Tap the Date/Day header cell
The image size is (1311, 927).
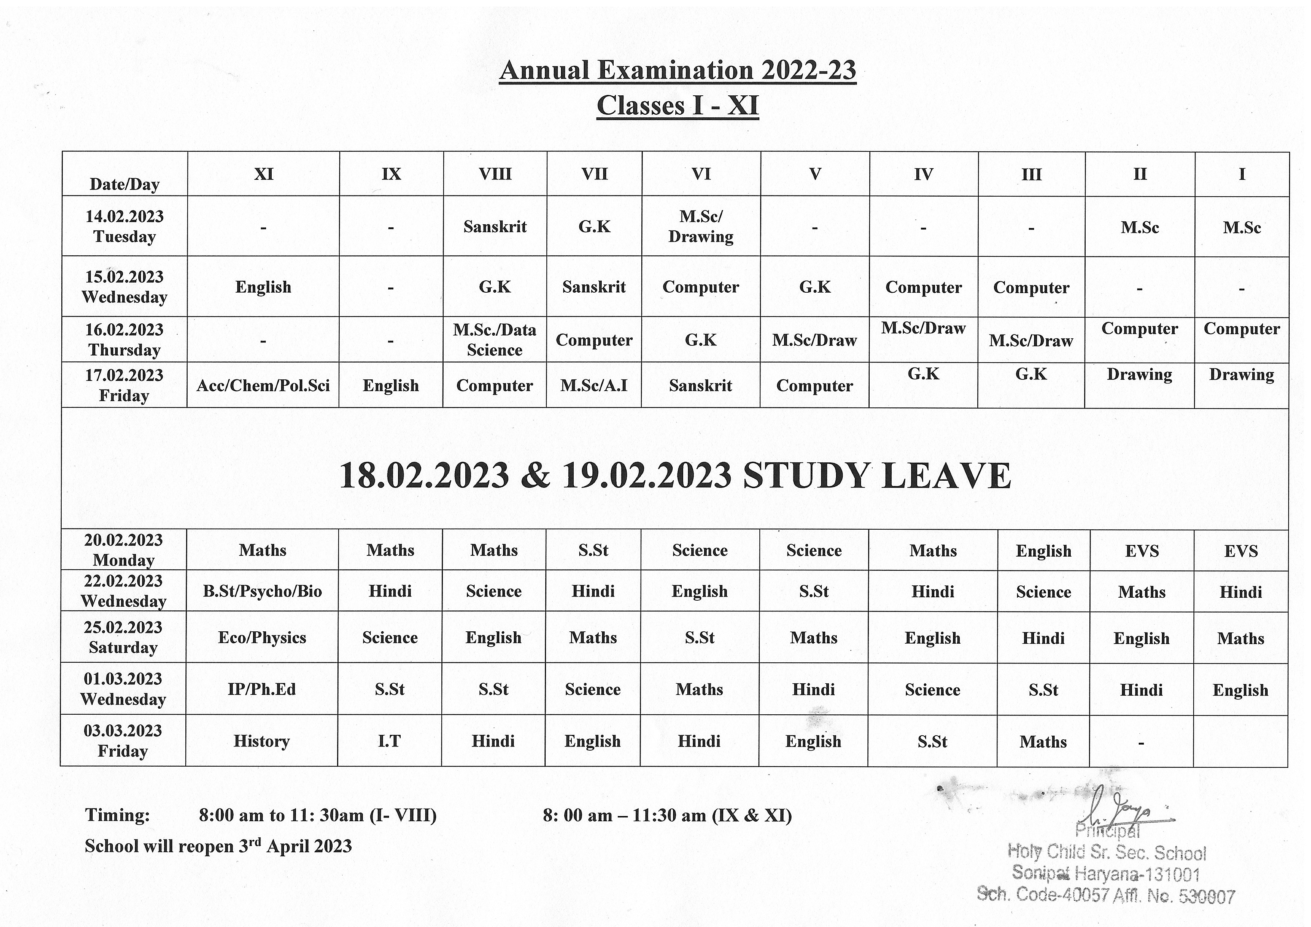click(124, 184)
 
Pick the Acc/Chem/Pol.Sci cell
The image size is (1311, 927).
click(263, 385)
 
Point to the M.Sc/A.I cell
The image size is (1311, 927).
click(594, 385)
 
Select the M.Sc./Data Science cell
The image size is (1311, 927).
click(494, 340)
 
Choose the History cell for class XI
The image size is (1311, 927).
click(262, 741)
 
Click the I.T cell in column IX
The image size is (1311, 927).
click(389, 741)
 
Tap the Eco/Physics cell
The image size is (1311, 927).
click(262, 637)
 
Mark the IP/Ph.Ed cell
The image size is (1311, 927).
click(262, 689)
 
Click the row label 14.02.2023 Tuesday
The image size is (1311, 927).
click(124, 226)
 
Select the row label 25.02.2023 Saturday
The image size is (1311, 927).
click(123, 637)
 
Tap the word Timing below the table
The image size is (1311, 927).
click(118, 814)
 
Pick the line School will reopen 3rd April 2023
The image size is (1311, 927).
click(218, 845)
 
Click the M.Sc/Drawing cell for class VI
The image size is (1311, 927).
click(701, 226)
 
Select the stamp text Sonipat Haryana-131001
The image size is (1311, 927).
click(1105, 873)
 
